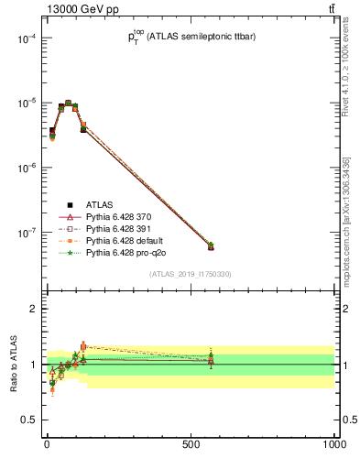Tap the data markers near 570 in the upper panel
point(211,246)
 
